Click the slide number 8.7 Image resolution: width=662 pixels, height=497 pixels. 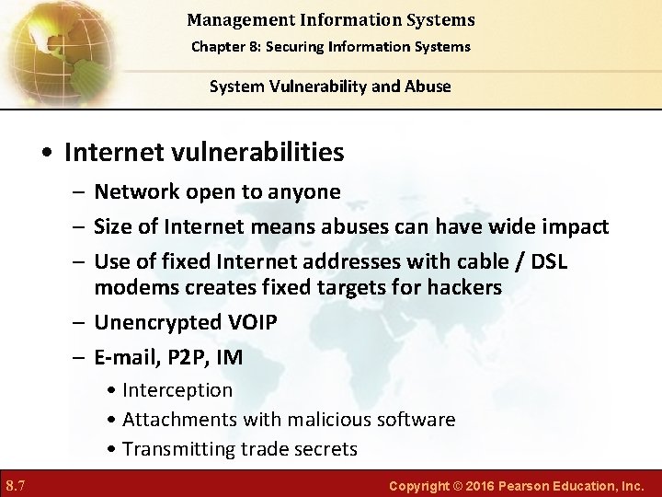pyautogui.click(x=16, y=484)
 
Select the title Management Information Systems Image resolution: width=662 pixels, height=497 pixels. pyautogui.click(x=330, y=19)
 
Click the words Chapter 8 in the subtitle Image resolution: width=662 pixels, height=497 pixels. pyautogui.click(x=225, y=46)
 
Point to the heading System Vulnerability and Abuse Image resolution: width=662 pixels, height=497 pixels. pyautogui.click(x=330, y=87)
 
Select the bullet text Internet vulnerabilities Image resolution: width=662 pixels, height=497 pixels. pyautogui.click(x=207, y=151)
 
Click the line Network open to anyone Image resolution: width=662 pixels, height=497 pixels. pyautogui.click(x=217, y=191)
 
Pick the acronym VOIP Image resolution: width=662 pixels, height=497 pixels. pyautogui.click(x=249, y=322)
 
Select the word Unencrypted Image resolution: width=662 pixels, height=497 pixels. pyautogui.click(x=153, y=322)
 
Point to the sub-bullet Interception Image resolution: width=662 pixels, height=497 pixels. pyautogui.click(x=177, y=390)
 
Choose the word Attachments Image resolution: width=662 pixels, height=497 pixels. pyautogui.click(x=180, y=420)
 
